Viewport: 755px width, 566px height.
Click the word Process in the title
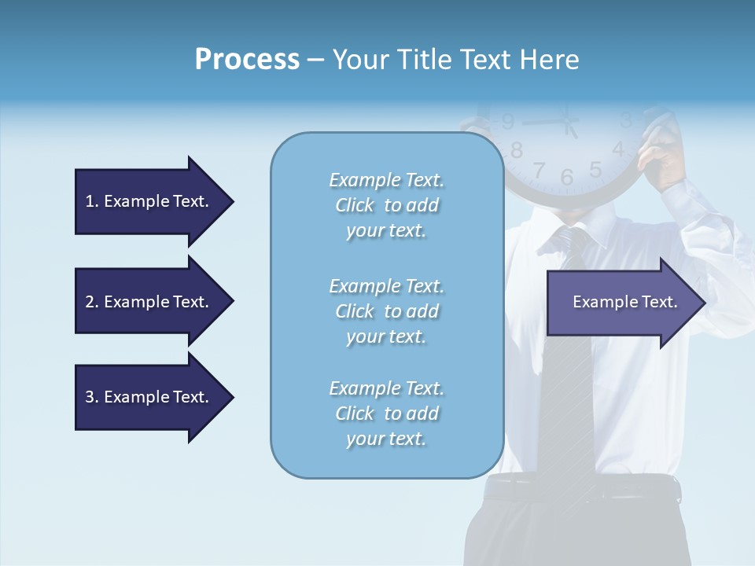[247, 60]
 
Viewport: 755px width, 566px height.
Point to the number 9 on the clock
[508, 122]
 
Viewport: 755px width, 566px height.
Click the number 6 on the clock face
[567, 177]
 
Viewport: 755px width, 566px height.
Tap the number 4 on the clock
[618, 148]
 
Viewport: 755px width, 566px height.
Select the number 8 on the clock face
[517, 149]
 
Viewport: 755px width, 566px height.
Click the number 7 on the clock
[539, 170]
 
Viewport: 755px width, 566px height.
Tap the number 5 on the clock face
[595, 169]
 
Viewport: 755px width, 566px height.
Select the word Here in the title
[550, 60]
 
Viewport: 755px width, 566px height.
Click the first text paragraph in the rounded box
[386, 205]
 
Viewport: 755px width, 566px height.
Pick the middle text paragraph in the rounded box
[386, 311]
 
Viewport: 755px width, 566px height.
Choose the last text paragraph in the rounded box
[386, 413]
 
